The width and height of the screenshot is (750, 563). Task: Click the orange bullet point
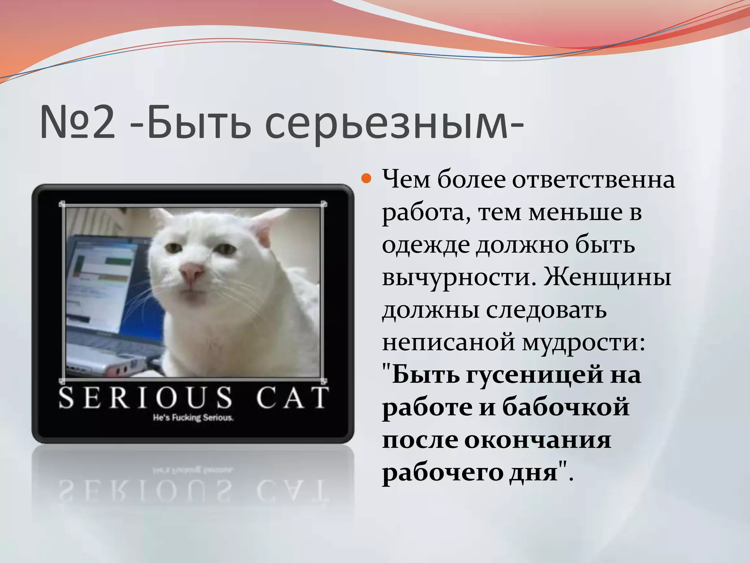point(366,179)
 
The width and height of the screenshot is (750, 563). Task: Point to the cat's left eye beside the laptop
point(172,248)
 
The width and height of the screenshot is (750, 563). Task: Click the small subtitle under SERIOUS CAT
point(193,417)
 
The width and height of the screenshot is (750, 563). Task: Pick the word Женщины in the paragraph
point(607,277)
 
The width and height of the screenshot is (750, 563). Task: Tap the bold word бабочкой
point(565,407)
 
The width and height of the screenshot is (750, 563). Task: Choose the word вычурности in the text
point(456,277)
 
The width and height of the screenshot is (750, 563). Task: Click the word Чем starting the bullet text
point(406,180)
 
